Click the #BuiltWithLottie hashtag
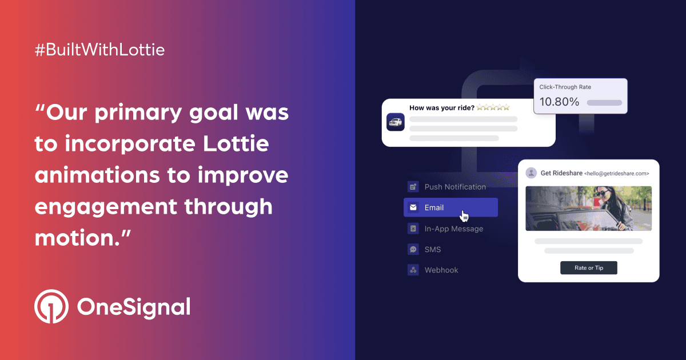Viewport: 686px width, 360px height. [x=100, y=50]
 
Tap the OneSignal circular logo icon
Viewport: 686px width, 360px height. [x=51, y=307]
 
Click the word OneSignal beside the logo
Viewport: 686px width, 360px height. [x=133, y=307]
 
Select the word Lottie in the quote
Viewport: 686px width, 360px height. [x=236, y=144]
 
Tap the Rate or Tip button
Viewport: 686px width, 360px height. [x=588, y=268]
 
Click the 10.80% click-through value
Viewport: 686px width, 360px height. [x=559, y=102]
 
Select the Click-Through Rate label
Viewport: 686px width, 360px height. [x=565, y=87]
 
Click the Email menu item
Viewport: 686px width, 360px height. [x=434, y=207]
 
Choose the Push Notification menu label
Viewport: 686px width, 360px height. [x=455, y=187]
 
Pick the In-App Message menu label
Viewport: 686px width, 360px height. [x=453, y=229]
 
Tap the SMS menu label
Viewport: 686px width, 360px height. [x=433, y=249]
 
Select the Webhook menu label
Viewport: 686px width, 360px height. [x=441, y=270]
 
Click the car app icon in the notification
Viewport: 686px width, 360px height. [x=396, y=122]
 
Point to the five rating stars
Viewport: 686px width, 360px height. [x=493, y=107]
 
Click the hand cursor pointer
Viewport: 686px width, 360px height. [x=465, y=216]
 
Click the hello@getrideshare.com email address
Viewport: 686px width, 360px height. [x=616, y=173]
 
